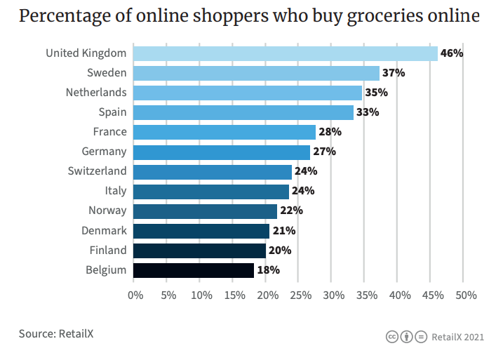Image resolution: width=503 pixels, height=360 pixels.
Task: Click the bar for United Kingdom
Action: click(x=285, y=53)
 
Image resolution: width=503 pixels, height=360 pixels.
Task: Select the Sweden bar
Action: click(x=256, y=73)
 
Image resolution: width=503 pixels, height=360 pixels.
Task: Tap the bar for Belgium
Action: click(x=193, y=270)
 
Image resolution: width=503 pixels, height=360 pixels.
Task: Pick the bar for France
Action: click(x=224, y=132)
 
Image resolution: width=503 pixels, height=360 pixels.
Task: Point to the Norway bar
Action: click(x=205, y=211)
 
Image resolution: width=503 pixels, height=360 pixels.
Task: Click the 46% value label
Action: click(x=452, y=53)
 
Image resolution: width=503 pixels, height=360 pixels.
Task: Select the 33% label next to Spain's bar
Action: click(x=368, y=112)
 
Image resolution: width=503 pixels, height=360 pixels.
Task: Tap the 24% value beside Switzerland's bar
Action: click(x=306, y=171)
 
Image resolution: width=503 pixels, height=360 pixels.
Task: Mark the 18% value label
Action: click(x=268, y=270)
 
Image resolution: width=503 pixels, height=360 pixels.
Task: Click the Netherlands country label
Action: click(x=96, y=93)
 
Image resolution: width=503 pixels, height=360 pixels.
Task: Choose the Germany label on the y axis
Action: click(x=104, y=152)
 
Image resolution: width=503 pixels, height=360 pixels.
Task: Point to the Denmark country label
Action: click(x=104, y=230)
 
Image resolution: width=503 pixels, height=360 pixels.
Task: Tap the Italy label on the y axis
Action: click(x=115, y=191)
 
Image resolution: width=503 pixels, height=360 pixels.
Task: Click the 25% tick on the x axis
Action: click(x=300, y=295)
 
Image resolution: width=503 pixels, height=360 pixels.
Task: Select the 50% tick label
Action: click(x=466, y=295)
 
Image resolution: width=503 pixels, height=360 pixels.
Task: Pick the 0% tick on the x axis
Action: click(x=135, y=295)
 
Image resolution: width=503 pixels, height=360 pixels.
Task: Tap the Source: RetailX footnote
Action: click(x=56, y=333)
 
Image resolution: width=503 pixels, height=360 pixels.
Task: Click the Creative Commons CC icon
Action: click(x=391, y=338)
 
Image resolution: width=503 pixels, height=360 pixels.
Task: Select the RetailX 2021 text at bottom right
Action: click(x=458, y=338)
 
